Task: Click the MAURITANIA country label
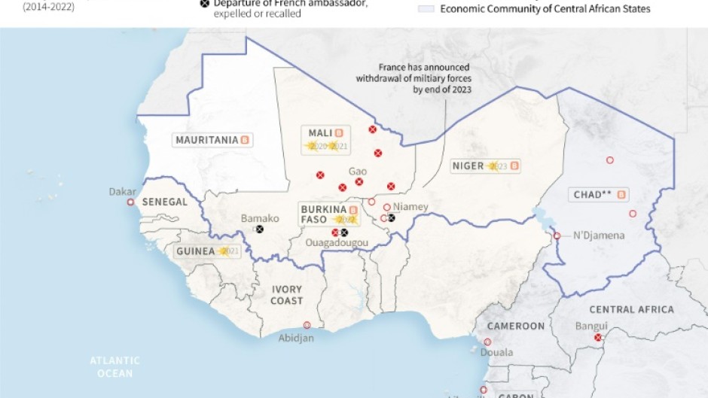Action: [206, 140]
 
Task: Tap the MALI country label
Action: [320, 133]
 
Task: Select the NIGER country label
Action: [467, 166]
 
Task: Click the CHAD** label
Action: [592, 194]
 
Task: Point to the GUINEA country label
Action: [195, 251]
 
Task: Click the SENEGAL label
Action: [165, 202]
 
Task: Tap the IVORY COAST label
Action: [287, 295]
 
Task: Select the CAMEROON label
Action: [515, 326]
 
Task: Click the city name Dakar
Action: [123, 192]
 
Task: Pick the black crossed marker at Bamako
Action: [260, 229]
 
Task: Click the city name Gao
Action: [358, 172]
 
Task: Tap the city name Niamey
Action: [410, 207]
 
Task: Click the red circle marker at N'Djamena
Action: [557, 235]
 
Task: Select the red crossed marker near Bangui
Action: [597, 338]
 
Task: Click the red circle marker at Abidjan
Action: [307, 325]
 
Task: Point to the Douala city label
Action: [496, 352]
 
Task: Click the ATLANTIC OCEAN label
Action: [114, 367]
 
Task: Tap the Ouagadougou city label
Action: [337, 243]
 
